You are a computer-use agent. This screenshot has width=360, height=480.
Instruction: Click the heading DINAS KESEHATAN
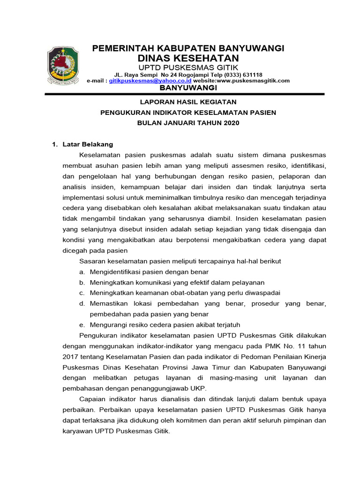pyautogui.click(x=188, y=58)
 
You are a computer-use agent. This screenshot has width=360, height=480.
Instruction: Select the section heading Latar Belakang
pyautogui.click(x=88, y=144)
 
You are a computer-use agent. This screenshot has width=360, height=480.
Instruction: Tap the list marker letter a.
pyautogui.click(x=82, y=272)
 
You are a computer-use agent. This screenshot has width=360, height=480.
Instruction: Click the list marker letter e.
pyautogui.click(x=82, y=325)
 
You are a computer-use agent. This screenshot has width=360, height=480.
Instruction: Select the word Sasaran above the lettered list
pyautogui.click(x=93, y=261)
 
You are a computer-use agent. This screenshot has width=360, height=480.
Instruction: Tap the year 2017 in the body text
pyautogui.click(x=71, y=357)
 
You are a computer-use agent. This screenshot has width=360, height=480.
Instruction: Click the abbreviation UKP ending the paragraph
pyautogui.click(x=199, y=388)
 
